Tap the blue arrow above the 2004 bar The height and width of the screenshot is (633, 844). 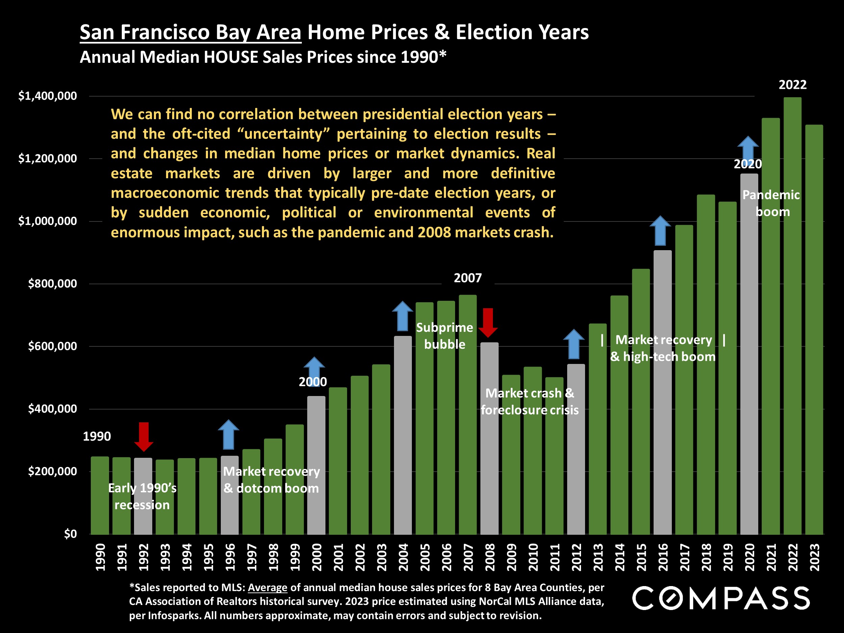point(402,316)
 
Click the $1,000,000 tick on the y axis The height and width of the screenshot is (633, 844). point(48,221)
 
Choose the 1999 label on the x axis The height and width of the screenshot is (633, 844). point(295,557)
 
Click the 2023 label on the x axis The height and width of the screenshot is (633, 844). point(814,557)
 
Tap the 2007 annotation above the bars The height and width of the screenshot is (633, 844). point(468,278)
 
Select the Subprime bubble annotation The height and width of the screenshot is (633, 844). point(445,336)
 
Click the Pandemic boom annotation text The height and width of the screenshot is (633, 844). point(771,203)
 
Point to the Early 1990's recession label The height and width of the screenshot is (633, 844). point(142,496)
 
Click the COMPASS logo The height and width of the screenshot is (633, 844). point(721,598)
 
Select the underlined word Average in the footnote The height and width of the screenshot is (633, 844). point(267,588)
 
